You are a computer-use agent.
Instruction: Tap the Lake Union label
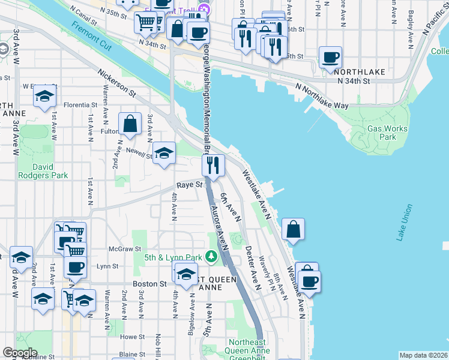coord(405,223)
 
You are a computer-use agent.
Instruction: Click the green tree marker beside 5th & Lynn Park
coord(211,257)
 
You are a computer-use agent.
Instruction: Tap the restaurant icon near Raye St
coord(213,164)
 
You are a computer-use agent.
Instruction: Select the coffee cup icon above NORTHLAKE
coord(330,58)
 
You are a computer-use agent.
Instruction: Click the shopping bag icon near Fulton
coord(130,124)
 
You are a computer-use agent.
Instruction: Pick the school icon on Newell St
coord(164,154)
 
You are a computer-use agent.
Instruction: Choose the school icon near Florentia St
coord(44,97)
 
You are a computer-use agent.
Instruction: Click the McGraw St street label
coord(124,248)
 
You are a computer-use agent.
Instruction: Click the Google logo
coord(20,353)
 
